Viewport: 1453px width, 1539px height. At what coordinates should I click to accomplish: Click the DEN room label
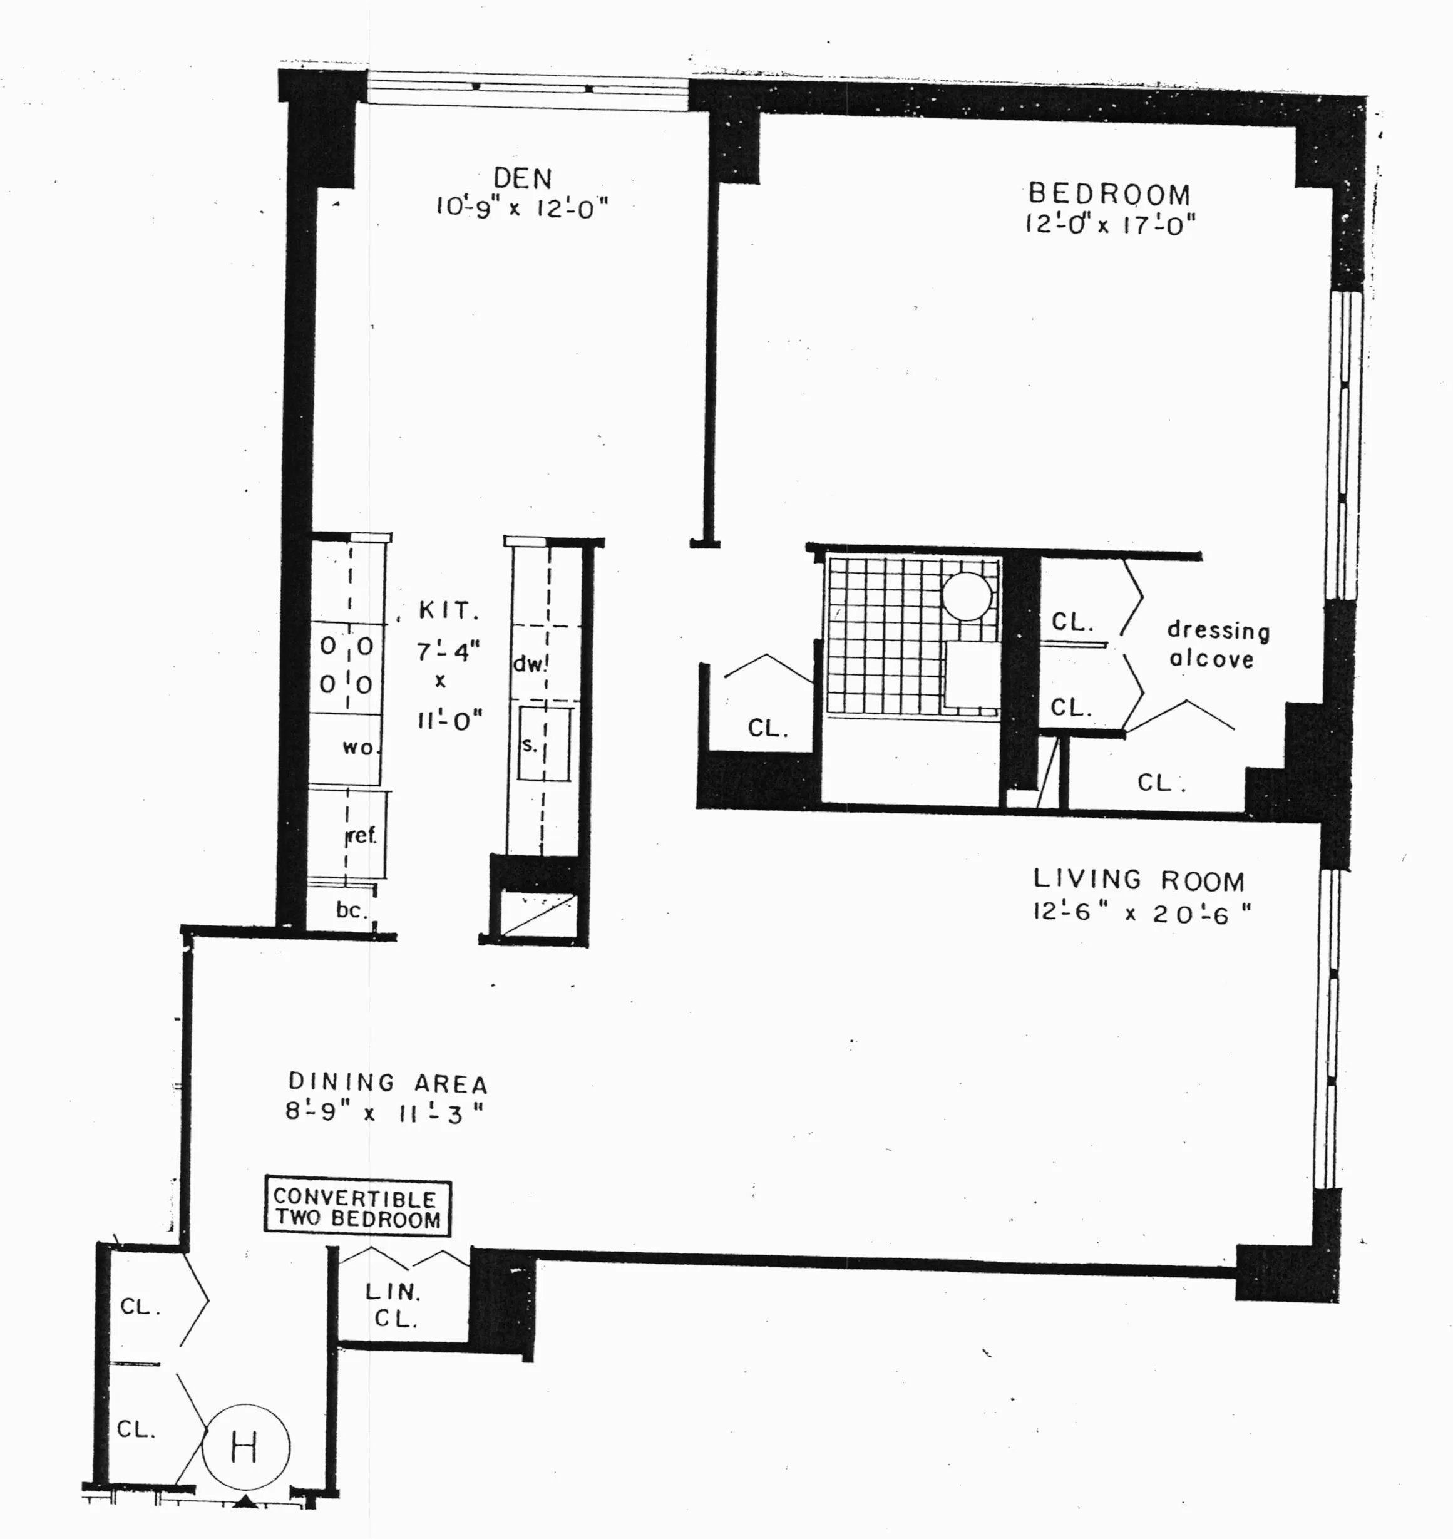pos(523,179)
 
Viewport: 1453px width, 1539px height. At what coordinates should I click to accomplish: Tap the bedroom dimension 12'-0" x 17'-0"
pos(1110,225)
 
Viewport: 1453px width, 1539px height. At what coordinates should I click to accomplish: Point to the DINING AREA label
pos(388,1082)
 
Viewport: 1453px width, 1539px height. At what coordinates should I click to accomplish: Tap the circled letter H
pos(245,1447)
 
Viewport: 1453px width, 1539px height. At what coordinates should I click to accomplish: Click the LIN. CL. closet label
pos(394,1305)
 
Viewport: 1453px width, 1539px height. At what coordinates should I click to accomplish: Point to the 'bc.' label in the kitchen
pos(351,910)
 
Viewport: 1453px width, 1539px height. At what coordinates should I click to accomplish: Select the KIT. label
pos(449,611)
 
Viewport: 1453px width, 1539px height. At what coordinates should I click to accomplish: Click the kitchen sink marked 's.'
pos(544,744)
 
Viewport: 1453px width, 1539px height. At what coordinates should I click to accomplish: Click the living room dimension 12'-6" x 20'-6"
pos(1140,913)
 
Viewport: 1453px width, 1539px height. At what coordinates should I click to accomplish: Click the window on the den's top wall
pos(526,88)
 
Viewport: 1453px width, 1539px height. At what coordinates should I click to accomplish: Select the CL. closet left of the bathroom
pos(768,728)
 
